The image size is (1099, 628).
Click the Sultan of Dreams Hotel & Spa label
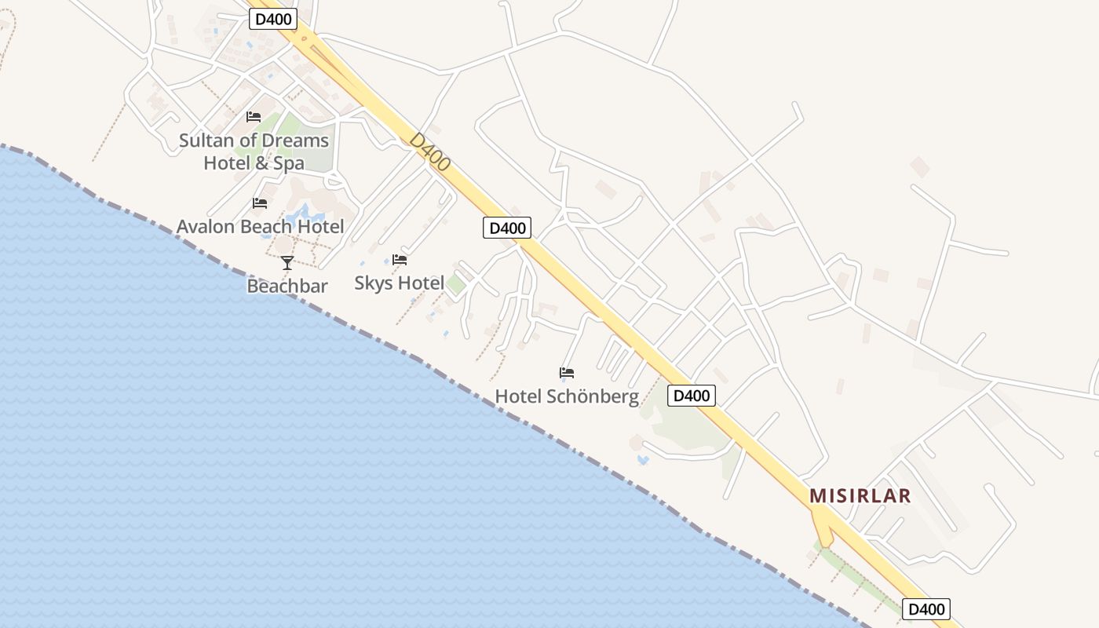coord(254,152)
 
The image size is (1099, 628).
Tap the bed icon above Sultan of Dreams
coord(254,117)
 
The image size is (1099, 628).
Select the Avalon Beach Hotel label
coord(260,227)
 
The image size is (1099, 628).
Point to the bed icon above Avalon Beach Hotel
coord(260,203)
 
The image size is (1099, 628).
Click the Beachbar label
coord(287,286)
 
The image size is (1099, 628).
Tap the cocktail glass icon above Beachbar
coord(287,263)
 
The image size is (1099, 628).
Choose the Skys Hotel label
coord(399,283)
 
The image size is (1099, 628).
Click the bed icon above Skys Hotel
coord(400,260)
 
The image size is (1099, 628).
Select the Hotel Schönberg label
coord(566,396)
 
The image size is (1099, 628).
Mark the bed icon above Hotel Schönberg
coord(567,373)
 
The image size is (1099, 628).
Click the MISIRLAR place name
coord(860,496)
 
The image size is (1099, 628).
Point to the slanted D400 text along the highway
coord(430,152)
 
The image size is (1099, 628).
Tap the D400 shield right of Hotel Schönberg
coord(692,396)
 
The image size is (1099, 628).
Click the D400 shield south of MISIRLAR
coord(926,609)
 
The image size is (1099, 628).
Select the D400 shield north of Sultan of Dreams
coord(273,20)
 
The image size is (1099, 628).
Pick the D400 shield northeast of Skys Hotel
coord(506,228)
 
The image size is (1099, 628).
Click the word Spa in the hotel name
coord(289,163)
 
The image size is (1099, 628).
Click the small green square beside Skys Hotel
coord(455,285)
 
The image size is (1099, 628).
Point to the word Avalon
coord(206,227)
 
